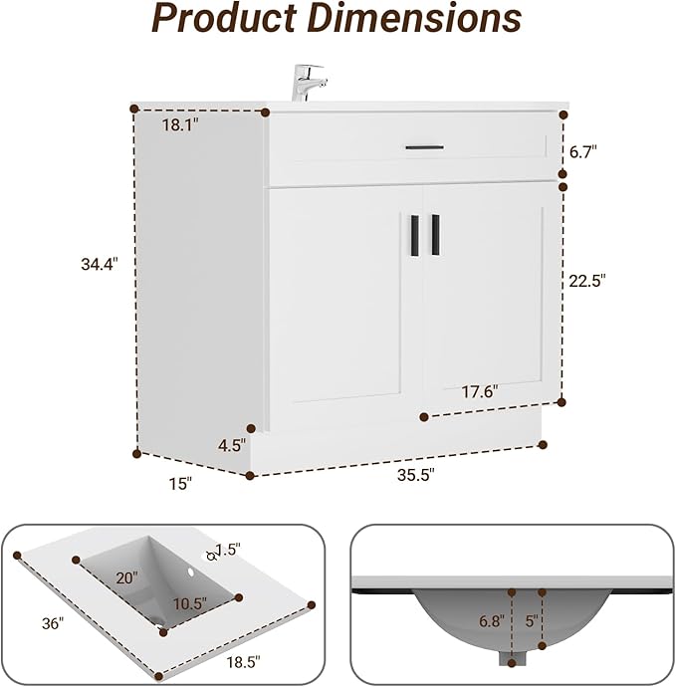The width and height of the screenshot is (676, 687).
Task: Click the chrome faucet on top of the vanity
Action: [309, 83]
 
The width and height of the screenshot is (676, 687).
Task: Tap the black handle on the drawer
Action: [424, 147]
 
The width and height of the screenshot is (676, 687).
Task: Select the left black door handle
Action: [415, 234]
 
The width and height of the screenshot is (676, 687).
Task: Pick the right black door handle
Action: [435, 234]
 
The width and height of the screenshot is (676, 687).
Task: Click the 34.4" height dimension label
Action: [100, 264]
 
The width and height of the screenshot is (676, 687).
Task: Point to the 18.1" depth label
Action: [180, 125]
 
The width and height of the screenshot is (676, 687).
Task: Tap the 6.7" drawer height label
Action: [583, 152]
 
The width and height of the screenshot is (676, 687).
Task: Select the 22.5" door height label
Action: [587, 281]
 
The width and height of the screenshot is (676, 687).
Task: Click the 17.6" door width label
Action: [480, 391]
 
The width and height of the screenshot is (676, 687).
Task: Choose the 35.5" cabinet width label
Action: [416, 475]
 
